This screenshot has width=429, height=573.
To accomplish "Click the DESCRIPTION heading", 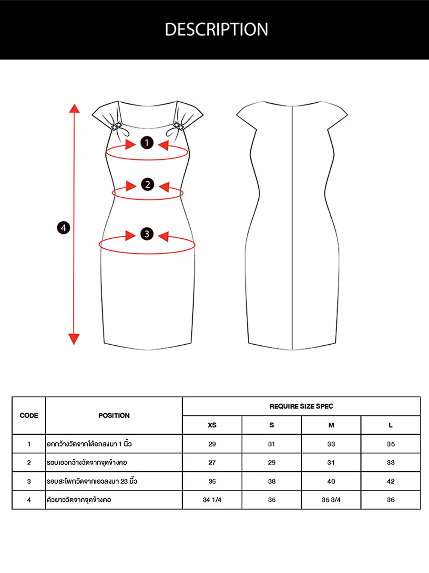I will click(x=216, y=30).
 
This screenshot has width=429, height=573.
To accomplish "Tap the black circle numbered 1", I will click(x=147, y=142).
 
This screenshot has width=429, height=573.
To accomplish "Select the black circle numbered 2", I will click(x=147, y=184).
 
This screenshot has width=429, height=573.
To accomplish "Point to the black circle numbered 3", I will click(x=147, y=234).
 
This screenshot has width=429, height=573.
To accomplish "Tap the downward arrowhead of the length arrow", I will click(x=74, y=339).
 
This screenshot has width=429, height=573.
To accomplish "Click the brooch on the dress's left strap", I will click(x=116, y=126).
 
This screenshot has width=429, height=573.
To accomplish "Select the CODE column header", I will click(x=29, y=415).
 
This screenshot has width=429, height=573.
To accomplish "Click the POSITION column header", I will click(x=114, y=415).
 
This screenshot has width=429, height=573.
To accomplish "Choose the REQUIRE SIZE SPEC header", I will click(x=301, y=406).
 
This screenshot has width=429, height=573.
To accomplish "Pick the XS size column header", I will click(x=212, y=425).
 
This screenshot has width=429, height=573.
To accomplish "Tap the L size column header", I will click(x=391, y=425).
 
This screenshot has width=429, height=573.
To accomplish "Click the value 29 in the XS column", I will click(x=212, y=444).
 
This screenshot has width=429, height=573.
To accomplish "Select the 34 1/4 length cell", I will click(x=212, y=500).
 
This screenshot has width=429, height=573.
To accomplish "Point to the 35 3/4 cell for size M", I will click(x=331, y=500).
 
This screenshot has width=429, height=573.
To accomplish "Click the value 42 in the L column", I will click(x=391, y=481).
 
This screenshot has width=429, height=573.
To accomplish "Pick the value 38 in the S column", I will click(x=272, y=481).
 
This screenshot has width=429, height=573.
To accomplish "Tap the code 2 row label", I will click(x=29, y=463).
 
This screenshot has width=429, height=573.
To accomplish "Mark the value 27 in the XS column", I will click(x=212, y=463).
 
